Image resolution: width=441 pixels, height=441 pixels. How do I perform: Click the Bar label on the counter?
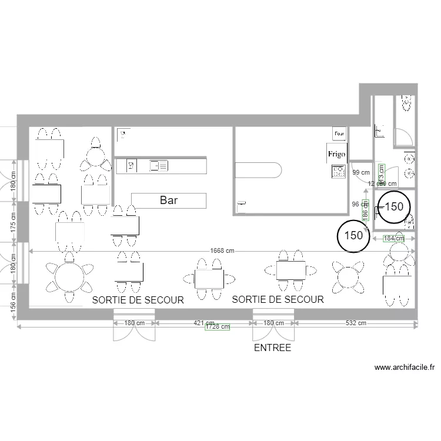pos(169,201)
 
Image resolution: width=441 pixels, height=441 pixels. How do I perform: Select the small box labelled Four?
pos(339,134)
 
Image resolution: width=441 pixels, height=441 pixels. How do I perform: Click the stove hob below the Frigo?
pos(339,172)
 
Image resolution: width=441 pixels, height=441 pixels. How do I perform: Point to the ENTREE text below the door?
pos(272,348)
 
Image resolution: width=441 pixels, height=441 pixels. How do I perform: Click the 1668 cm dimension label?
pos(223,250)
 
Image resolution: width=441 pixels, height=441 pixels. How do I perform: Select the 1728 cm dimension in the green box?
pos(216,327)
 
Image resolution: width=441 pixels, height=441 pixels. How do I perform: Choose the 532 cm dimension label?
pos(356,323)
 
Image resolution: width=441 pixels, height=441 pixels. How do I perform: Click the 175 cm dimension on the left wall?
pos(13,221)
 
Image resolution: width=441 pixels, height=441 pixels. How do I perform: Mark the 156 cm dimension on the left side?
pos(13,306)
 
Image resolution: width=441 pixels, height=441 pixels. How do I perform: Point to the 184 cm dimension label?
pos(394,239)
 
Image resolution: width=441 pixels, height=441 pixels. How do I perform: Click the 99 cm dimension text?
pos(361,173)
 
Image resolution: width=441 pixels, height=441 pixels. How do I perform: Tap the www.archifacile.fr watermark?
pos(405,367)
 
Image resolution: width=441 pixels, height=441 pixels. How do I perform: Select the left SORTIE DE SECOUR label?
pos(139,300)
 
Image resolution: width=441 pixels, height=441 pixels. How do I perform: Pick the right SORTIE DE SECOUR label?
pos(278,299)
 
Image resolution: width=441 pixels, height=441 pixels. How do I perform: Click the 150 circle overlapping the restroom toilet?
pos(394,206)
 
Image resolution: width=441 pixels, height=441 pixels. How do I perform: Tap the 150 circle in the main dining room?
pos(353,235)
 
